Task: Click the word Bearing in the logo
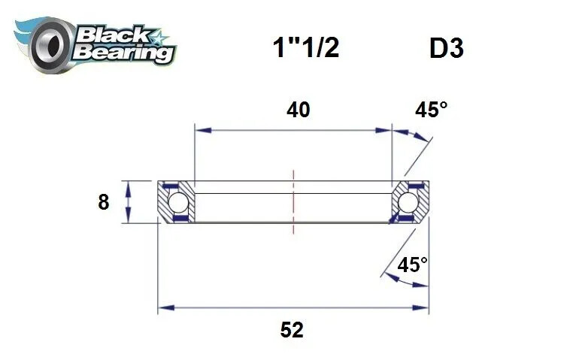pos(124,53)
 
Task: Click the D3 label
pos(446,48)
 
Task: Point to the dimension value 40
pos(298,110)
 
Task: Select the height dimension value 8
pos(104,202)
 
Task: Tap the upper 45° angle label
pos(431,110)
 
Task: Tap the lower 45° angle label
pos(412,265)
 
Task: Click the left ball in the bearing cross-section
pos(178,202)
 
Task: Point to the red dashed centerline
pos(293,198)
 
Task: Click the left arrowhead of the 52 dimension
pos(163,307)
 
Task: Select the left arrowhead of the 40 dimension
pos(200,130)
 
